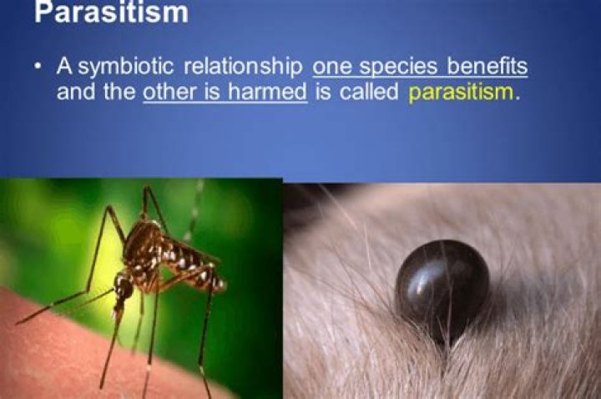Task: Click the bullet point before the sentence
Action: tap(40, 68)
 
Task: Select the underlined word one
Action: tap(333, 67)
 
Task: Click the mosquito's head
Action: tap(124, 288)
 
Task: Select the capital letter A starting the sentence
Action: tap(64, 67)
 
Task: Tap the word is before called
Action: tap(325, 91)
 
